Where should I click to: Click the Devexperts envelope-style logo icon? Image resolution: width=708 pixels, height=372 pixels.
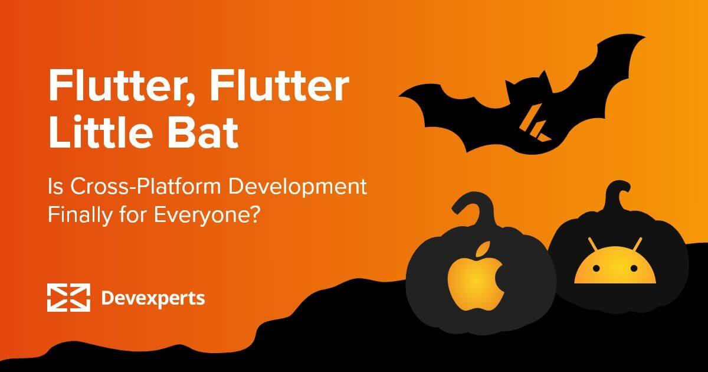[68, 298]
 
